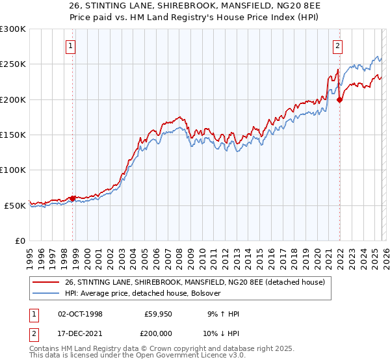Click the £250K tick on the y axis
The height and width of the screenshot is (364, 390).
tap(13, 64)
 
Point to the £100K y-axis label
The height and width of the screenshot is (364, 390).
tap(13, 170)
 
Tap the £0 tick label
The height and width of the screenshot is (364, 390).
tap(20, 240)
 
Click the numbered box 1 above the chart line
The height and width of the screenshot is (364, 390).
tap(70, 45)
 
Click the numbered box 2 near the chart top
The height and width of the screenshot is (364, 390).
tap(339, 45)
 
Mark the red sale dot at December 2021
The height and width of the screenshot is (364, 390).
tap(339, 100)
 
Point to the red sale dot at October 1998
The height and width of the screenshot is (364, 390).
tap(72, 198)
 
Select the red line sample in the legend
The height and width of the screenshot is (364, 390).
tap(46, 282)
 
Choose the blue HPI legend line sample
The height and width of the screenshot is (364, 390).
tap(46, 293)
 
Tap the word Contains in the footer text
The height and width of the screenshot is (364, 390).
tap(45, 349)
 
